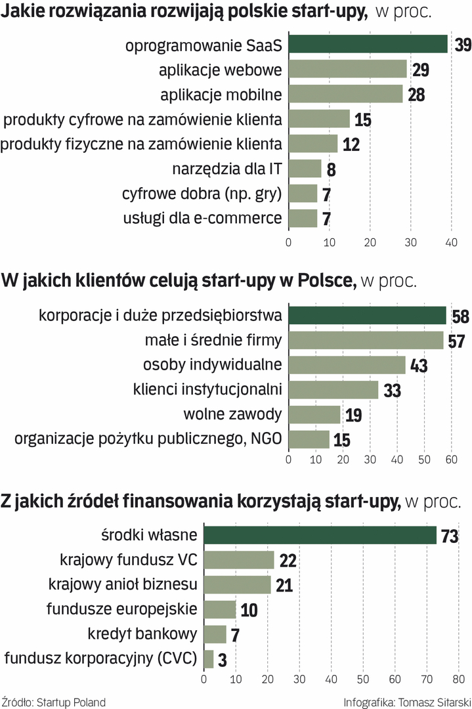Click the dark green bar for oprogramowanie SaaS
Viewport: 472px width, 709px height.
pyautogui.click(x=368, y=44)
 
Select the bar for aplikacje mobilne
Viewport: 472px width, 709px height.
pyautogui.click(x=345, y=94)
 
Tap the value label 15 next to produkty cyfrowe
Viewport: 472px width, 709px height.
pyautogui.click(x=363, y=119)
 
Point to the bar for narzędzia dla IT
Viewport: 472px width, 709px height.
pyautogui.click(x=305, y=169)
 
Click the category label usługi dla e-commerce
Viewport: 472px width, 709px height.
pyautogui.click(x=202, y=218)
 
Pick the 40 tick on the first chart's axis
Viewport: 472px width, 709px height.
pyautogui.click(x=452, y=242)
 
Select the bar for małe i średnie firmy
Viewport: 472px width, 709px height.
pyautogui.click(x=366, y=340)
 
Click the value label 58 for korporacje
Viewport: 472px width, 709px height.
pyautogui.click(x=461, y=316)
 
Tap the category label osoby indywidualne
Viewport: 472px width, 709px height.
pyautogui.click(x=213, y=364)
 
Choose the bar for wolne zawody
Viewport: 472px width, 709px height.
pyautogui.click(x=314, y=414)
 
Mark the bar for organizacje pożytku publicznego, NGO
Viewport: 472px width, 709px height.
pyautogui.click(x=309, y=439)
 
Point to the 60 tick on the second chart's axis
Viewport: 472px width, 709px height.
pyautogui.click(x=451, y=461)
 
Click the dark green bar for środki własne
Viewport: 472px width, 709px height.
pyautogui.click(x=320, y=535)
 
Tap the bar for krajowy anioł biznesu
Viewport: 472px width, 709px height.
pyautogui.click(x=237, y=584)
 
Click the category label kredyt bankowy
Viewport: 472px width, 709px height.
pyautogui.click(x=142, y=634)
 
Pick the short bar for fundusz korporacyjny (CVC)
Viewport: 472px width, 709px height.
pyautogui.click(x=209, y=658)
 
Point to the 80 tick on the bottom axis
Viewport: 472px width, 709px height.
pyautogui.click(x=458, y=679)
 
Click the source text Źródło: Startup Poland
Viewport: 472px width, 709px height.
pyautogui.click(x=54, y=702)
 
